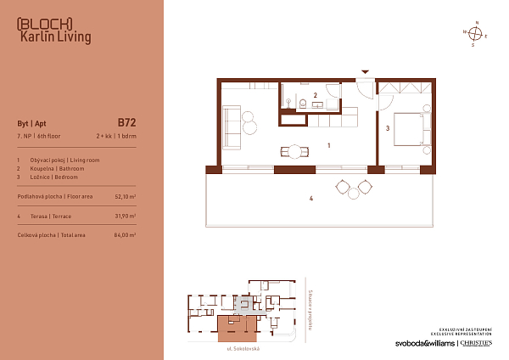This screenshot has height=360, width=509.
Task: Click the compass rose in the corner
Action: pos(477,34)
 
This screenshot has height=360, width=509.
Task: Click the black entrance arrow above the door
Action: pos(365,73)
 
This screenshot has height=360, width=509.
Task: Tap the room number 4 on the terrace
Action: pos(311,200)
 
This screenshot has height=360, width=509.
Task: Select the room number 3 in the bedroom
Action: pos(386,129)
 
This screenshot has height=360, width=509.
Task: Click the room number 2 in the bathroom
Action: pos(315,95)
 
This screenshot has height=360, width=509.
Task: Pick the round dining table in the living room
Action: pos(294,152)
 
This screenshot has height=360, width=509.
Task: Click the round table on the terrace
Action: pos(355,187)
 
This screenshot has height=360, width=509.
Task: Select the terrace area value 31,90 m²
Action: pos(125,216)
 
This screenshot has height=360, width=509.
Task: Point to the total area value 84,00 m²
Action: pos(125,234)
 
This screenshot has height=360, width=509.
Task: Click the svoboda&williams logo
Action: pos(424,343)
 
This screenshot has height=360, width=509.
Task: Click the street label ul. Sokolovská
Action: pos(236,348)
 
